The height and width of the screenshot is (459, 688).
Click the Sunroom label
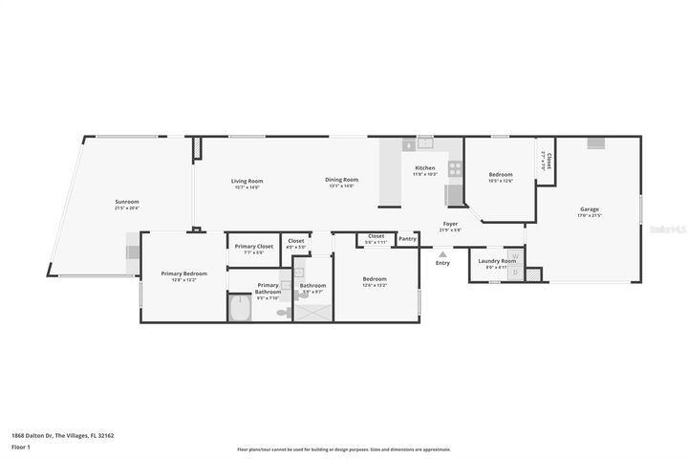[127, 202]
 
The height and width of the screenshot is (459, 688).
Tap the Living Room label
[247, 181]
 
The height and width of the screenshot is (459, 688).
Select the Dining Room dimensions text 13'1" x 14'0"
[341, 186]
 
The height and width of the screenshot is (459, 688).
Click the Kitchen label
[424, 168]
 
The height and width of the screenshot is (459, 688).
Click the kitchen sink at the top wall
[424, 144]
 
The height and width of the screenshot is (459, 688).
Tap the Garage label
[590, 209]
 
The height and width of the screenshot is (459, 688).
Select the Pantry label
[408, 239]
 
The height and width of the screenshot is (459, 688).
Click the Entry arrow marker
[441, 254]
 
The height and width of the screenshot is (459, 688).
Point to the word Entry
[442, 263]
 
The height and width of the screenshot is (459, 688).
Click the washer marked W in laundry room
[515, 256]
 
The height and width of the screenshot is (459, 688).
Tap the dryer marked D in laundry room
[515, 273]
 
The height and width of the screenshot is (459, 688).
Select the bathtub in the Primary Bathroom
[239, 308]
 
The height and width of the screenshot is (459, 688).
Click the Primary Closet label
[252, 247]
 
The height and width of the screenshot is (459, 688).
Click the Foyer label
[450, 225]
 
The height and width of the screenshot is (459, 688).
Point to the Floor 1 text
[21, 447]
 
